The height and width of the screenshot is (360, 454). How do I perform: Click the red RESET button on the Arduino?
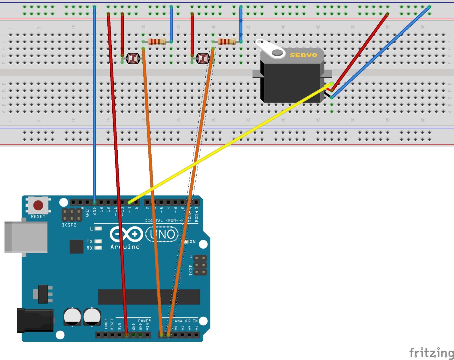[x=38, y=205]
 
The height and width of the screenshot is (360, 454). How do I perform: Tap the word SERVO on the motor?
[x=303, y=55]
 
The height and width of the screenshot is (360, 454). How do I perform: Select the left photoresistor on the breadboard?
[x=133, y=59]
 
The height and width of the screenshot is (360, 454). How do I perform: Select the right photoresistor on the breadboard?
[x=203, y=59]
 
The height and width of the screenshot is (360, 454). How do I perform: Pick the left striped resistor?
[x=157, y=42]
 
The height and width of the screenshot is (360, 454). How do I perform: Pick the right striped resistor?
[x=227, y=42]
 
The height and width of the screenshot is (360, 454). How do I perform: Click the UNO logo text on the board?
[x=162, y=234]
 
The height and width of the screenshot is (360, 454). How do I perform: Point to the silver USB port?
[x=26, y=237]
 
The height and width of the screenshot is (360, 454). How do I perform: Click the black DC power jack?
[x=35, y=320]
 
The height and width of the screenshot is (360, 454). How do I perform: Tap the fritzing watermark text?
[x=431, y=353]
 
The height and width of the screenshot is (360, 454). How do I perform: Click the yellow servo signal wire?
[x=231, y=143]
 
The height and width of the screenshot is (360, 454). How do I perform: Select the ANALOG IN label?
[x=186, y=321]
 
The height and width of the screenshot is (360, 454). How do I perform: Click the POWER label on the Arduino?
[x=144, y=321]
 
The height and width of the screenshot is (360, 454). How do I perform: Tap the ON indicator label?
[x=193, y=241]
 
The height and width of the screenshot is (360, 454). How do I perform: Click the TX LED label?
[x=90, y=241]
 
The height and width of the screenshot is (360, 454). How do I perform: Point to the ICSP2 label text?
[x=69, y=225]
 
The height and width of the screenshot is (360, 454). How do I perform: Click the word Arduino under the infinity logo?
[x=125, y=247]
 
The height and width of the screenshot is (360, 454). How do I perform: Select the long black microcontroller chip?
[x=149, y=297]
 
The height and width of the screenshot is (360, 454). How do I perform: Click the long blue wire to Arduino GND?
[x=94, y=118]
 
